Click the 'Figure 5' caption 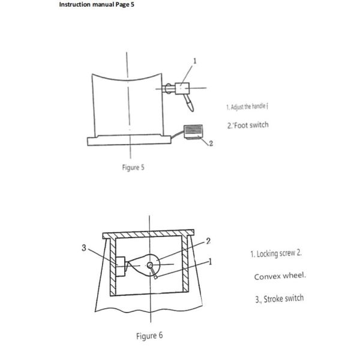coord(133,167)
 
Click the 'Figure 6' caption coord(148,335)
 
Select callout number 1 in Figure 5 coord(194,61)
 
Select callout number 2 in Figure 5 coord(212,145)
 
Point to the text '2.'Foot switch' coord(248,125)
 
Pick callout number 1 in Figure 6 coord(211,262)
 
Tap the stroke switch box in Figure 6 coord(121,265)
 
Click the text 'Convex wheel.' coord(280,277)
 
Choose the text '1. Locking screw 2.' coord(275,254)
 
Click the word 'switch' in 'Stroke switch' coord(294,298)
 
